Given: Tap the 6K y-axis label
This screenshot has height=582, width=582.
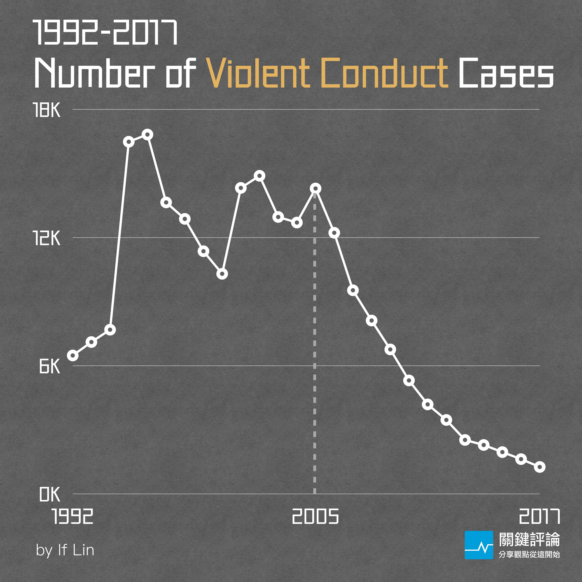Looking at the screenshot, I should tap(50, 367).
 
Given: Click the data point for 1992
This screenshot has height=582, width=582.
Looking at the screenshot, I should tap(73, 356).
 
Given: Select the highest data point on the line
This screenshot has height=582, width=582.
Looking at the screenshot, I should tap(147, 135).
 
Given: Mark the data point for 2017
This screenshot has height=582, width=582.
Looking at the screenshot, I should tap(540, 467).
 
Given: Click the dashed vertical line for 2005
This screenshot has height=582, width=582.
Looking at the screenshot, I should tap(315, 346).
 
